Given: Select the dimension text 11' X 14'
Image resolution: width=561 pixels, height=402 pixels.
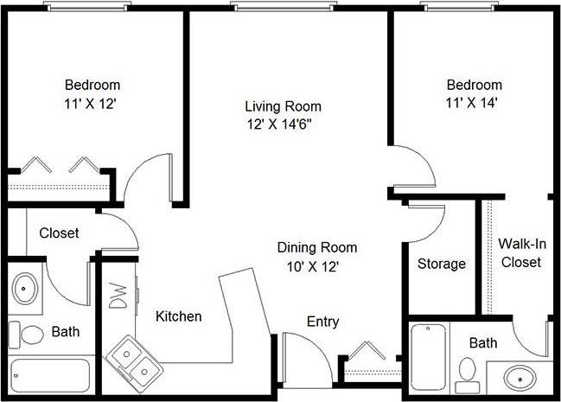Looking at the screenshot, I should click(x=474, y=102).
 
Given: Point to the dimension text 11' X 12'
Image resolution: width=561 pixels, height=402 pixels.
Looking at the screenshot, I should click(x=92, y=102).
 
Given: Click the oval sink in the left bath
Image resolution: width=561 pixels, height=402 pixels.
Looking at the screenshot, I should click(x=27, y=288).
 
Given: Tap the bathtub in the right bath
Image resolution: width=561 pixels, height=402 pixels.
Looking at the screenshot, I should click(x=427, y=357).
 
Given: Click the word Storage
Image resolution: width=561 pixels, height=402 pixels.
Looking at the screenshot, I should click(x=442, y=264).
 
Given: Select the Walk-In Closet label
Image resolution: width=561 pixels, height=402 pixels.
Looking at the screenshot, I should click(x=520, y=253).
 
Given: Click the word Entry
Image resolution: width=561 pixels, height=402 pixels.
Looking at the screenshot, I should click(x=322, y=322).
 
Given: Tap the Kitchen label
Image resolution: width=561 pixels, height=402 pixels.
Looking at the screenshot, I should click(x=179, y=316).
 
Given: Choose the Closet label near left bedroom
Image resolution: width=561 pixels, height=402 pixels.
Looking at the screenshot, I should click(x=59, y=233).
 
